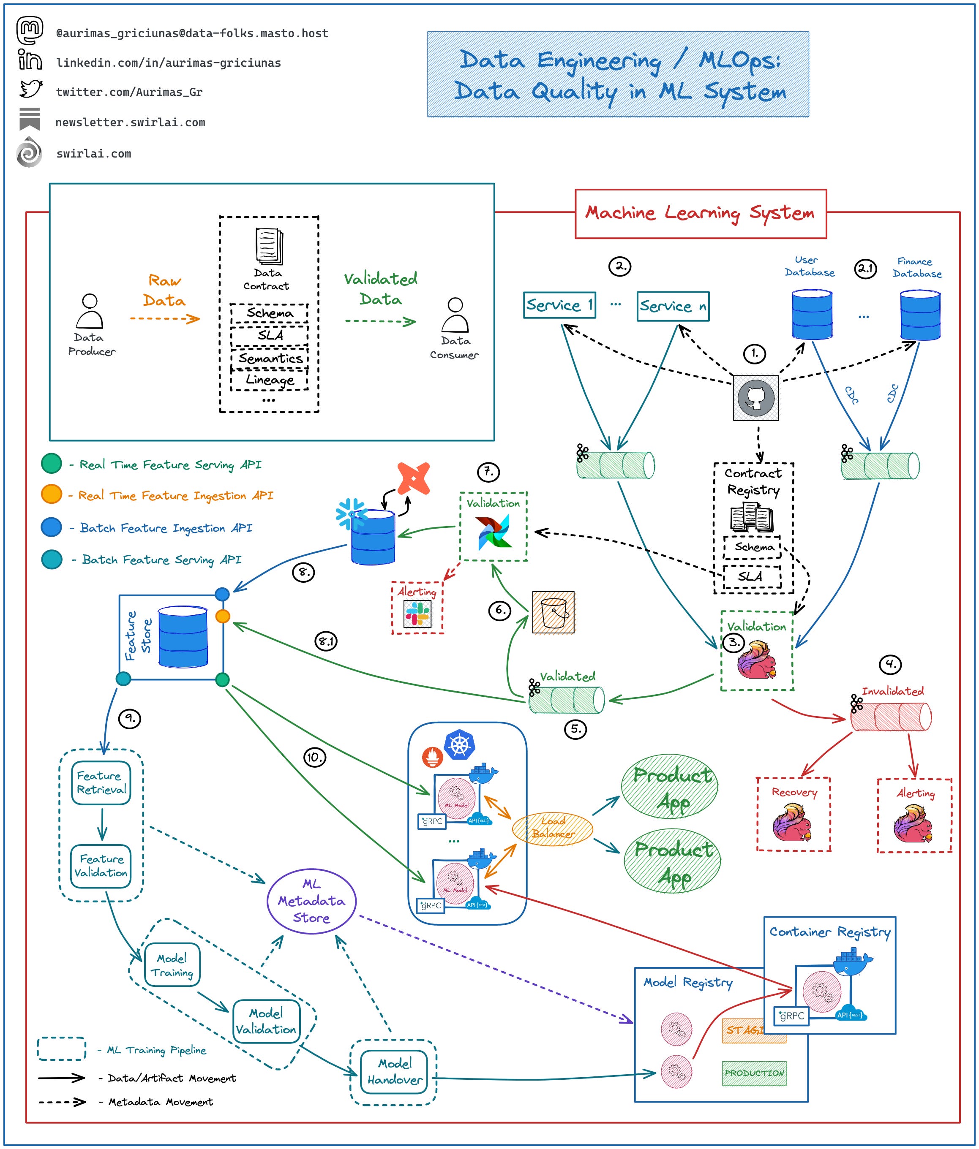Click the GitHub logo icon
[x=755, y=398]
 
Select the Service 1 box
[x=559, y=305]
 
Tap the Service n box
[x=673, y=306]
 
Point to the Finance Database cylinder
[x=919, y=315]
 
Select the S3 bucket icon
[x=554, y=612]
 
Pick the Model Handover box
[x=394, y=1071]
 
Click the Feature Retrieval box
[x=101, y=782]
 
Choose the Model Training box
[x=172, y=965]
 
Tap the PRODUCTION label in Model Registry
[x=754, y=1073]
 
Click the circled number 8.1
[x=326, y=641]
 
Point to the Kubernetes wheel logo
[x=460, y=744]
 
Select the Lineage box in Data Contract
[x=270, y=380]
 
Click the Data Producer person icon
[x=89, y=312]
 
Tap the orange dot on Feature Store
[x=223, y=616]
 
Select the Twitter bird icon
[x=31, y=89]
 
